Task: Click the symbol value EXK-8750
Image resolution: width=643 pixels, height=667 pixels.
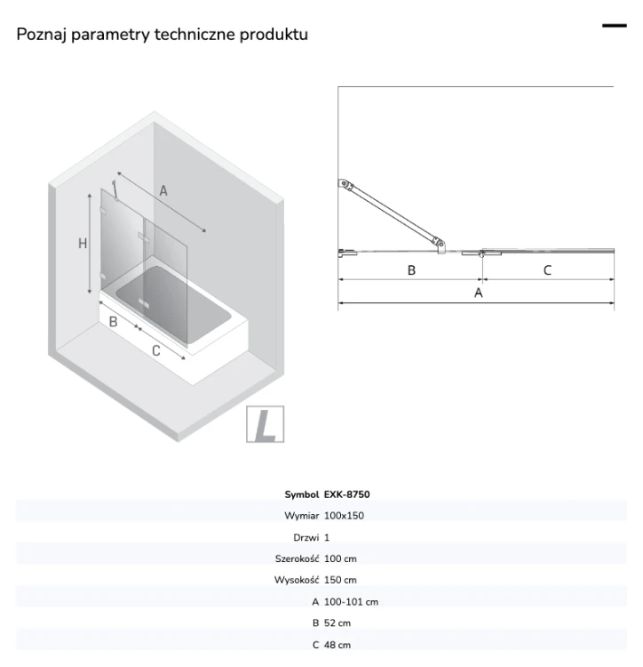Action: coord(346,494)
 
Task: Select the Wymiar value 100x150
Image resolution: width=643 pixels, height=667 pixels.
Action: coord(344,516)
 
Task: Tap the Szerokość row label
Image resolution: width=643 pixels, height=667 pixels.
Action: coord(297,559)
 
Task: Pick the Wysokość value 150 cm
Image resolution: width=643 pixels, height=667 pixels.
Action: coord(340,580)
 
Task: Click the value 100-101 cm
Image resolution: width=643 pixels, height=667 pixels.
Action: coord(351,602)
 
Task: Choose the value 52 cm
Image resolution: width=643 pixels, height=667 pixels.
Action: coord(337,623)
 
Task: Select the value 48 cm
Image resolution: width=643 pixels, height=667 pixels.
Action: coord(337,645)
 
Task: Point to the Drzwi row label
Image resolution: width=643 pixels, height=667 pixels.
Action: coord(306,537)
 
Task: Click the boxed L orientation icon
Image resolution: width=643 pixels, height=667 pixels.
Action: coord(265,424)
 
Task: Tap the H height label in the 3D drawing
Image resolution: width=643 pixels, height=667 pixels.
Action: coord(83,244)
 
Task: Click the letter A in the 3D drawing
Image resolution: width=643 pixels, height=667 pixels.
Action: coord(163,191)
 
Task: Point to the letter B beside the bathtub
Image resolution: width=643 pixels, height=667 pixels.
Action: coord(113,322)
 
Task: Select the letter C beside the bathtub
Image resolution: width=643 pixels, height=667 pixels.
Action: coord(156,351)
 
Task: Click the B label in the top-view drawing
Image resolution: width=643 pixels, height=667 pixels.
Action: coord(411,270)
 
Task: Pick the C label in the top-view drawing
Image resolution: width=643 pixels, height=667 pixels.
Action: coord(547,270)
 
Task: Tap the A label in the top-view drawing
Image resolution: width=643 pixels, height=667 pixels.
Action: coord(478,293)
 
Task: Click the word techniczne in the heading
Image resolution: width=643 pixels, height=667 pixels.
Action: coord(194,35)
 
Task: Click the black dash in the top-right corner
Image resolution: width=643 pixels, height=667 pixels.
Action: coord(614,26)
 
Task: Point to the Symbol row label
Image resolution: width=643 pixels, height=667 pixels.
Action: coord(302,494)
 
